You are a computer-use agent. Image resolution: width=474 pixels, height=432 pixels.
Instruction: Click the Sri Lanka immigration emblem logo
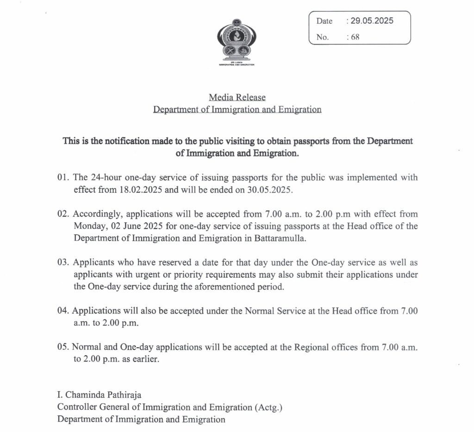click(x=237, y=40)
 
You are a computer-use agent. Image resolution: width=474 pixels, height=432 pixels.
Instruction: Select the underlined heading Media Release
click(x=237, y=97)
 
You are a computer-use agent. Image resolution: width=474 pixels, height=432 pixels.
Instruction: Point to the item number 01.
click(x=63, y=178)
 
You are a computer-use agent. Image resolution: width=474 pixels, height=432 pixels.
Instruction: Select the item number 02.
click(x=63, y=214)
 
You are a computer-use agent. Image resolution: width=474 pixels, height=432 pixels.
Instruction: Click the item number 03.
click(x=63, y=263)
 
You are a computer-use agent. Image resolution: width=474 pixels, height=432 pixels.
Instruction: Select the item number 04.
click(x=63, y=311)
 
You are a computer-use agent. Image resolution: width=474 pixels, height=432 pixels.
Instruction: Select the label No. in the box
click(x=323, y=38)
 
